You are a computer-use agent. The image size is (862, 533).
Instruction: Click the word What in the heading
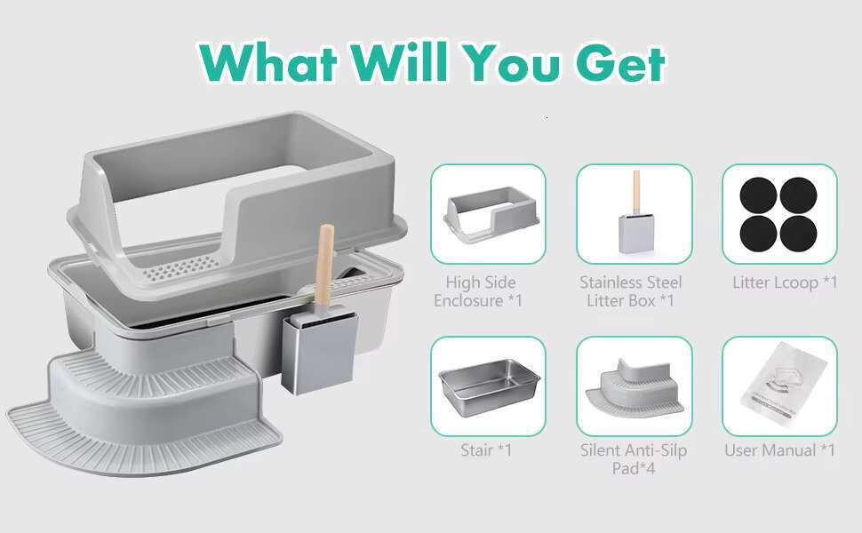coord(268,62)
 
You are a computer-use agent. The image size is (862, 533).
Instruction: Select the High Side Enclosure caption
coord(478,291)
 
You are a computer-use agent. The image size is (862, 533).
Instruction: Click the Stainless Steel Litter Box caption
coord(631,291)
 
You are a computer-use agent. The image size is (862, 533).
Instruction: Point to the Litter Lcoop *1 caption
coord(785,283)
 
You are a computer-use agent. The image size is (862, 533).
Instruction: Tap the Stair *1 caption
coord(486,450)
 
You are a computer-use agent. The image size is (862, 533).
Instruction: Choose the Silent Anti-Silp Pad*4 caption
coord(634,459)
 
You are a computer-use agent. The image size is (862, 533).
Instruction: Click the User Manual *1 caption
coord(779,450)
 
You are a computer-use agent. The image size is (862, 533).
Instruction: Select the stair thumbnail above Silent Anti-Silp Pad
coord(635,386)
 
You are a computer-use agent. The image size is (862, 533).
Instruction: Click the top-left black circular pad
coord(758,196)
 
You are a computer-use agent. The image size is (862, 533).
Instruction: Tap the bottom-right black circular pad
coord(798,234)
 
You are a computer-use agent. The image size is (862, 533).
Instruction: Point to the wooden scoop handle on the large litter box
coord(324,265)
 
